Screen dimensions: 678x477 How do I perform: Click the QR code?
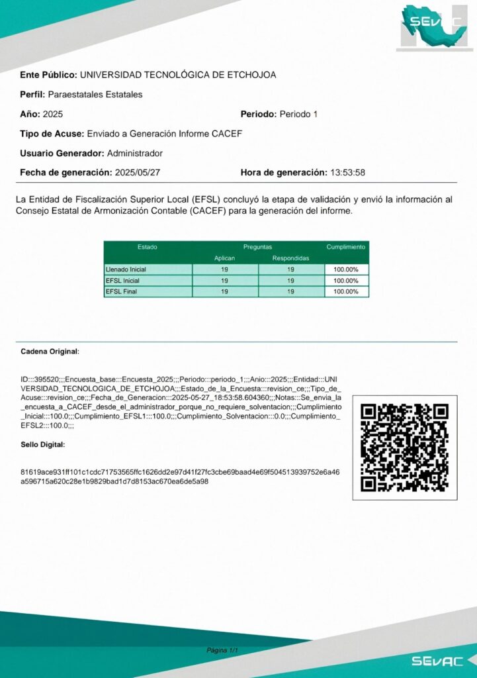tap(404, 448)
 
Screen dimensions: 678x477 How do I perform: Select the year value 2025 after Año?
tap(53, 114)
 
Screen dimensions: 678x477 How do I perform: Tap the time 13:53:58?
tap(347, 173)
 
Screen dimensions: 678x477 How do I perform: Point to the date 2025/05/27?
tap(138, 173)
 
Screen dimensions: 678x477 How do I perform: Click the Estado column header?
tap(148, 247)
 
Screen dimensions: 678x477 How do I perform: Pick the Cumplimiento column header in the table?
tap(346, 247)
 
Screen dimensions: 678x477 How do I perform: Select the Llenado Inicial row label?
tap(126, 269)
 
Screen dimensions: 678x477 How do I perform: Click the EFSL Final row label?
tap(122, 291)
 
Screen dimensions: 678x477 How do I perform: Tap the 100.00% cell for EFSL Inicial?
tap(346, 281)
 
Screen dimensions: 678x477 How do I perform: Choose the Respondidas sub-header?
tap(290, 258)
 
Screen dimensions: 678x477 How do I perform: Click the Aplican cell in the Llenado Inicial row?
tap(225, 269)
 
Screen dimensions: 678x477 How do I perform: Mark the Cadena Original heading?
tap(50, 351)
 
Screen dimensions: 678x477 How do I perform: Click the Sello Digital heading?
tap(43, 444)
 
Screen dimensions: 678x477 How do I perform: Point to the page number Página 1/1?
tap(222, 651)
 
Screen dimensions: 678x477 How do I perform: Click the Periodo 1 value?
tap(298, 114)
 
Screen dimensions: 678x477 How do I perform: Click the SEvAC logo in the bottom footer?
tap(433, 661)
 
